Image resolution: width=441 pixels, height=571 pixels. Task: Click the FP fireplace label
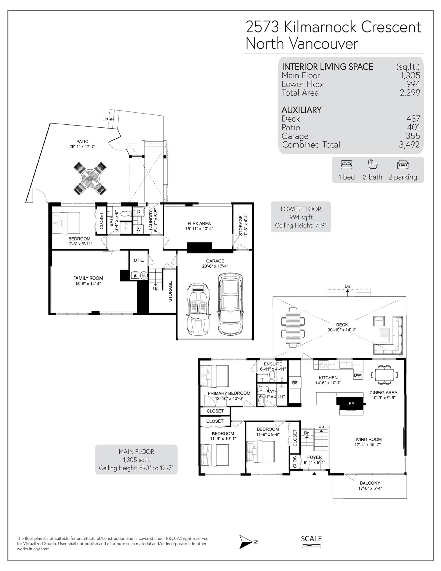click(351, 404)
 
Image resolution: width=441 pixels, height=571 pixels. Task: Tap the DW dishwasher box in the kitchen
click(357, 375)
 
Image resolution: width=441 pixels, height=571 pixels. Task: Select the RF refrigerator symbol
click(295, 383)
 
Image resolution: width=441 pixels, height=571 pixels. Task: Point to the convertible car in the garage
click(198, 310)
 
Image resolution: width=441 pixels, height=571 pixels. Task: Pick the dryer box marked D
click(139, 212)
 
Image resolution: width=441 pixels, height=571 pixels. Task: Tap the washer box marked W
click(138, 229)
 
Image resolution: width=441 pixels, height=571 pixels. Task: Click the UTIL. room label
click(139, 260)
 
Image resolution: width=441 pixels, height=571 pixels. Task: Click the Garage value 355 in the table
click(413, 136)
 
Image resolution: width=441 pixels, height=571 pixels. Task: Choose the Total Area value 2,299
click(410, 93)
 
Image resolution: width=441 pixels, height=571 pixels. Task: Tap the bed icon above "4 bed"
click(346, 165)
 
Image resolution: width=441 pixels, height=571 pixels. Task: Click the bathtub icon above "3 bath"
click(372, 165)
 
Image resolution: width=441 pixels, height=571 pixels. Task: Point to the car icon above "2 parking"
click(402, 165)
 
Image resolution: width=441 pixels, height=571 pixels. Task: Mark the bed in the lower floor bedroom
click(66, 223)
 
